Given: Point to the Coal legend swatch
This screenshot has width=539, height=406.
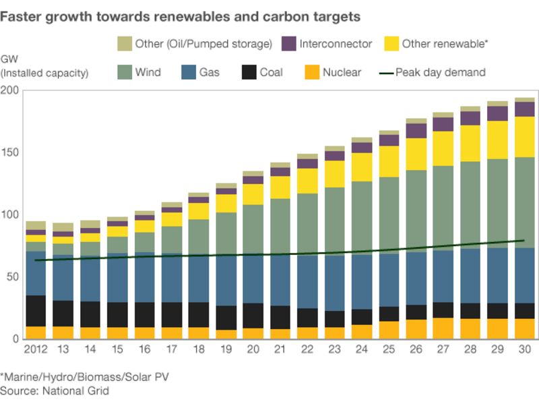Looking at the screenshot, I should (x=249, y=72).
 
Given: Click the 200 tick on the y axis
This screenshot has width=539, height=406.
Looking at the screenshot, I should (x=10, y=90).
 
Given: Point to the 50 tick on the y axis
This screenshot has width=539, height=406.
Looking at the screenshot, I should (x=13, y=277).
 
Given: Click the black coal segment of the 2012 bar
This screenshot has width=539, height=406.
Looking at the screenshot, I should (x=36, y=311).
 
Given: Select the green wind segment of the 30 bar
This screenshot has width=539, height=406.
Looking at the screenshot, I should (x=525, y=202).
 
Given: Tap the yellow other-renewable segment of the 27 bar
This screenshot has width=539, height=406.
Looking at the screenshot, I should (x=443, y=148).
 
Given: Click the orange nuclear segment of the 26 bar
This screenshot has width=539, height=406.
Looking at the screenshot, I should (x=416, y=328).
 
